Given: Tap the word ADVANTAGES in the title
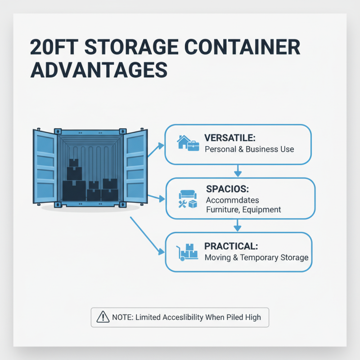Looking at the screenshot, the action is (x=99, y=70).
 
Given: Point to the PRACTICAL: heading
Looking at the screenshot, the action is (x=231, y=246).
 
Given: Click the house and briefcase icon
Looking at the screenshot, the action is (x=188, y=143).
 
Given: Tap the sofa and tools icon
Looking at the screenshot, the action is (x=188, y=199).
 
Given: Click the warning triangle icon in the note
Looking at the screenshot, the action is (x=103, y=317).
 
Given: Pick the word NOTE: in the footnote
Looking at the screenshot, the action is (x=121, y=317).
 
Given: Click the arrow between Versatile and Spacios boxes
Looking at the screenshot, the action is (x=238, y=171).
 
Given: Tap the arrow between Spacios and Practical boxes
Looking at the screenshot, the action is (x=238, y=225).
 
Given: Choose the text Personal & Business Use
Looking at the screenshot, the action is (x=249, y=149).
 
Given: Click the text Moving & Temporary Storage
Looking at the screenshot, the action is (x=256, y=258).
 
